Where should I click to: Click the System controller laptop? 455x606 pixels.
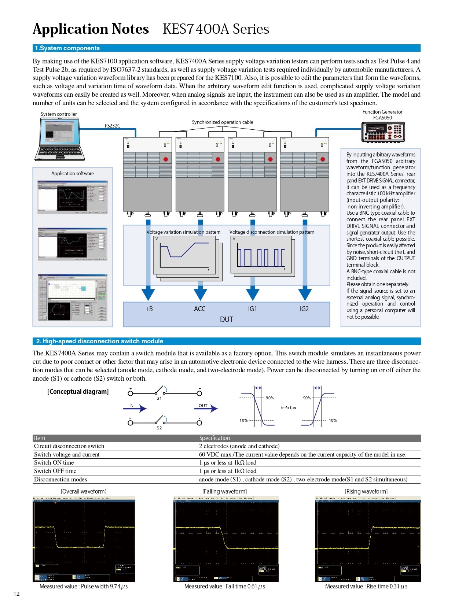(60, 139)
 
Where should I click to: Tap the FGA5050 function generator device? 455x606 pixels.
(383, 132)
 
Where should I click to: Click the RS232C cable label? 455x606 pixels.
(112, 126)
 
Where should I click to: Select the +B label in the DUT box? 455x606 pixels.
(149, 309)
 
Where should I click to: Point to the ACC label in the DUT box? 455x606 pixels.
(199, 309)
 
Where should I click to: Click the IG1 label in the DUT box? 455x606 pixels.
(253, 309)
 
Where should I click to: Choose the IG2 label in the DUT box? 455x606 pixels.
(304, 309)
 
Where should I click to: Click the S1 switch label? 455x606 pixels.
(159, 398)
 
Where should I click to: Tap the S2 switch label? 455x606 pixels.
(159, 428)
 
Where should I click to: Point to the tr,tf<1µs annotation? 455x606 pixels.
(289, 408)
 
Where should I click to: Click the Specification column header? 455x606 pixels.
(214, 438)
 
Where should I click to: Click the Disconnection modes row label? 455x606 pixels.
(60, 479)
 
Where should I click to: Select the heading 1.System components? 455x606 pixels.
(67, 48)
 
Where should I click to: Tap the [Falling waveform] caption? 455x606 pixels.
(224, 491)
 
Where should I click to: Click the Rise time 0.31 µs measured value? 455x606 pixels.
(366, 586)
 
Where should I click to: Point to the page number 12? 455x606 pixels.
(16, 594)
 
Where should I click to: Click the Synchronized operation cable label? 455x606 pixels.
(223, 122)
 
